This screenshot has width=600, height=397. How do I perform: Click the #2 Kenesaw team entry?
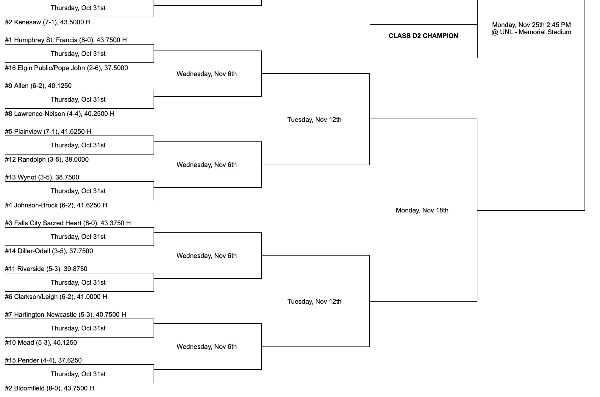pyautogui.click(x=48, y=22)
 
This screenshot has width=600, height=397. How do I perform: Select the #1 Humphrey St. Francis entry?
pyautogui.click(x=66, y=40)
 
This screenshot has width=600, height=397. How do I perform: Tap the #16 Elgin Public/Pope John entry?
pyautogui.click(x=66, y=68)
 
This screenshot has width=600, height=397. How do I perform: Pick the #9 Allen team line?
pyautogui.click(x=38, y=86)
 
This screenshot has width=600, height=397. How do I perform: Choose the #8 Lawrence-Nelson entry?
pyautogui.click(x=60, y=114)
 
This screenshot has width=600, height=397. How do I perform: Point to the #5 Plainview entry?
pyautogui.click(x=48, y=132)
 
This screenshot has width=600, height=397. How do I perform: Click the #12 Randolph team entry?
pyautogui.click(x=47, y=160)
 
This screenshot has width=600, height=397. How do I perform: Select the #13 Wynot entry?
pyautogui.click(x=42, y=177)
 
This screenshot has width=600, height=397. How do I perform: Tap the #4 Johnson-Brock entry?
pyautogui.click(x=56, y=205)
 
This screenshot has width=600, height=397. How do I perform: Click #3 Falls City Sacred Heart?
pyautogui.click(x=68, y=223)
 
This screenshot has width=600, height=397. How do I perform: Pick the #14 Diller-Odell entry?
pyautogui.click(x=49, y=251)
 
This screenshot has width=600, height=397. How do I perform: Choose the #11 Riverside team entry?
pyautogui.click(x=46, y=269)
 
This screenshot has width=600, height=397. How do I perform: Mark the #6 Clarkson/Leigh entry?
pyautogui.click(x=56, y=297)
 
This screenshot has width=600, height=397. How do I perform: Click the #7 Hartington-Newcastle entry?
pyautogui.click(x=65, y=315)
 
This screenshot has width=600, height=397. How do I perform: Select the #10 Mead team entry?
pyautogui.click(x=41, y=343)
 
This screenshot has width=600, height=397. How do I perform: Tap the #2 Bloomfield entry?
pyautogui.click(x=49, y=388)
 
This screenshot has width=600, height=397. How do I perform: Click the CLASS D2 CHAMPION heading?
pyautogui.click(x=423, y=36)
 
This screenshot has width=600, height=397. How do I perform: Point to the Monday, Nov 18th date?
pyautogui.click(x=422, y=210)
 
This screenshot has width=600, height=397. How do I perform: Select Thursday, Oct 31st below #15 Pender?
pyautogui.click(x=78, y=374)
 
